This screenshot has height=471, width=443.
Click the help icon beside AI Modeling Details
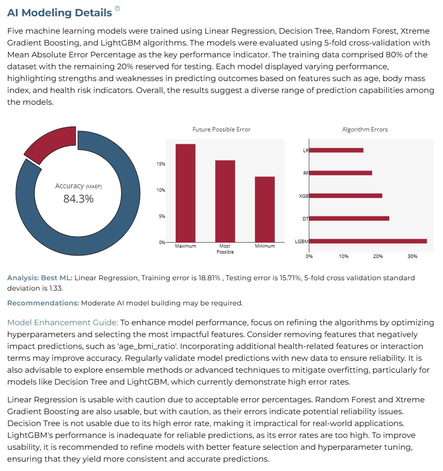[117, 8]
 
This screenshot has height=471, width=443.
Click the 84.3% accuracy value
[78, 199]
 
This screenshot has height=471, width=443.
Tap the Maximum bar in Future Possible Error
[185, 193]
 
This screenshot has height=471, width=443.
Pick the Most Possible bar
[225, 201]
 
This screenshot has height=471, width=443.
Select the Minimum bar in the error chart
[264, 210]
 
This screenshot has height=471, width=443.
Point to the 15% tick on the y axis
[161, 164]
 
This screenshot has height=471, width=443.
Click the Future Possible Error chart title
[221, 129]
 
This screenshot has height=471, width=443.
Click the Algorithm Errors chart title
[365, 129]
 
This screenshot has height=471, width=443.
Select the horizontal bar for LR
[336, 150]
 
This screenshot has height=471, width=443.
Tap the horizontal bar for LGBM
[368, 241]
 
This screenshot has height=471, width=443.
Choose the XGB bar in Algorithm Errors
[346, 196]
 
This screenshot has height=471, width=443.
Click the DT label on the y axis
[305, 218]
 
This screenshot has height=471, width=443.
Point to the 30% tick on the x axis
[412, 257]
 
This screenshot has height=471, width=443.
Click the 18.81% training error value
[209, 278]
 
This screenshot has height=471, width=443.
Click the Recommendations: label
[43, 303]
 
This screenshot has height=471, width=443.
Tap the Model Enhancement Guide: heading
[63, 323]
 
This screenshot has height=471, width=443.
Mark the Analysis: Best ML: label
[40, 278]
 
